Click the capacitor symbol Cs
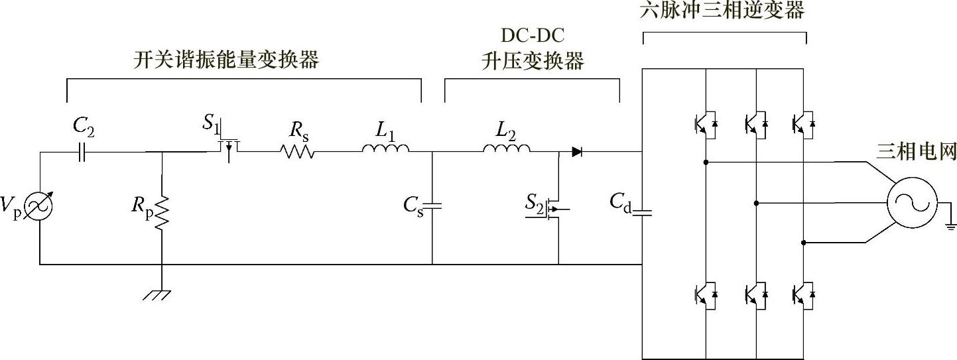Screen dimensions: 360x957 pos(432,206)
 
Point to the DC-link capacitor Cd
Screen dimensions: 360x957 pos(643,212)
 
